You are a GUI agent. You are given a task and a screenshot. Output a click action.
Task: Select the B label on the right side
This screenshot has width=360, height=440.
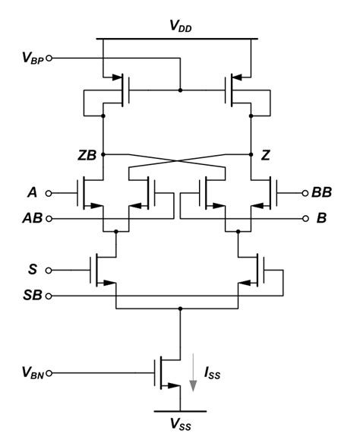pyautogui.click(x=321, y=218)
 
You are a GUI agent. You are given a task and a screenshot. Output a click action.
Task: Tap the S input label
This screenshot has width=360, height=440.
pyautogui.click(x=30, y=268)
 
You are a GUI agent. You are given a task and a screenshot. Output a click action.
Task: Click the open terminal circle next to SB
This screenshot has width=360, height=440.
pyautogui.click(x=50, y=295)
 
